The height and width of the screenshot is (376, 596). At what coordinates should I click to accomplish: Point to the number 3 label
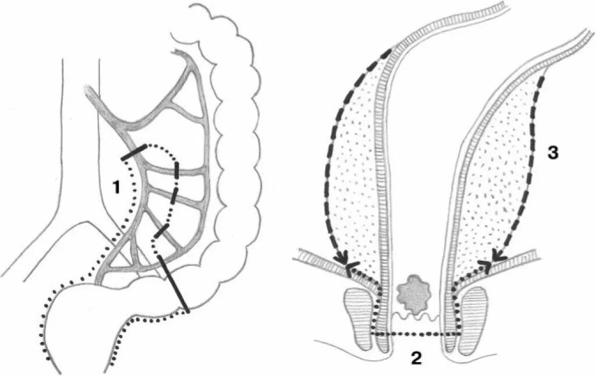[x=553, y=153]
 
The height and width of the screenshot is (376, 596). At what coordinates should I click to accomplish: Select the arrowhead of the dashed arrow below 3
[x=496, y=255]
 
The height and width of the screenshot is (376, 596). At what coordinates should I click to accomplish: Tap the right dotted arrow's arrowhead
[x=484, y=265]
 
